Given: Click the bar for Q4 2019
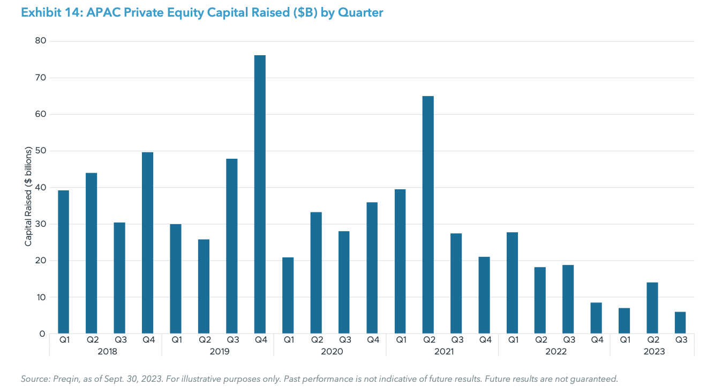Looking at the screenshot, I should (x=260, y=194).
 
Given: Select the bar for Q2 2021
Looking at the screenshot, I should (x=428, y=215).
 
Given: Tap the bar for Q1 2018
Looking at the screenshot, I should (x=63, y=262).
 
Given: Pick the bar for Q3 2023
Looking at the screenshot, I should (x=680, y=322).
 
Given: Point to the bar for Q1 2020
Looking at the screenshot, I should (x=288, y=295).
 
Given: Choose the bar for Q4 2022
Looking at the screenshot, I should (x=596, y=318).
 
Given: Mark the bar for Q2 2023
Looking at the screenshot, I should (x=652, y=308).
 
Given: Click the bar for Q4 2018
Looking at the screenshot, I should (x=147, y=243).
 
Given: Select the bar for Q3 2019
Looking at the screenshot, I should (x=231, y=246).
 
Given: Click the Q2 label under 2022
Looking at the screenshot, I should (x=540, y=339).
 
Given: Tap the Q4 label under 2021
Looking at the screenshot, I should (x=484, y=339).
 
